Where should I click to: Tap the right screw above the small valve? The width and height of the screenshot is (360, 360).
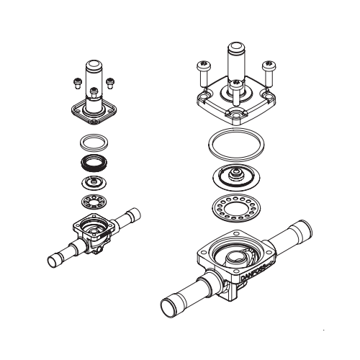pyautogui.click(x=110, y=83)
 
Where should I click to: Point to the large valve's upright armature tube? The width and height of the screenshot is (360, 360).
pyautogui.click(x=237, y=61)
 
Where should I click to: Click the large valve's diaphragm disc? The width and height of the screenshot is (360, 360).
pyautogui.click(x=236, y=176)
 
